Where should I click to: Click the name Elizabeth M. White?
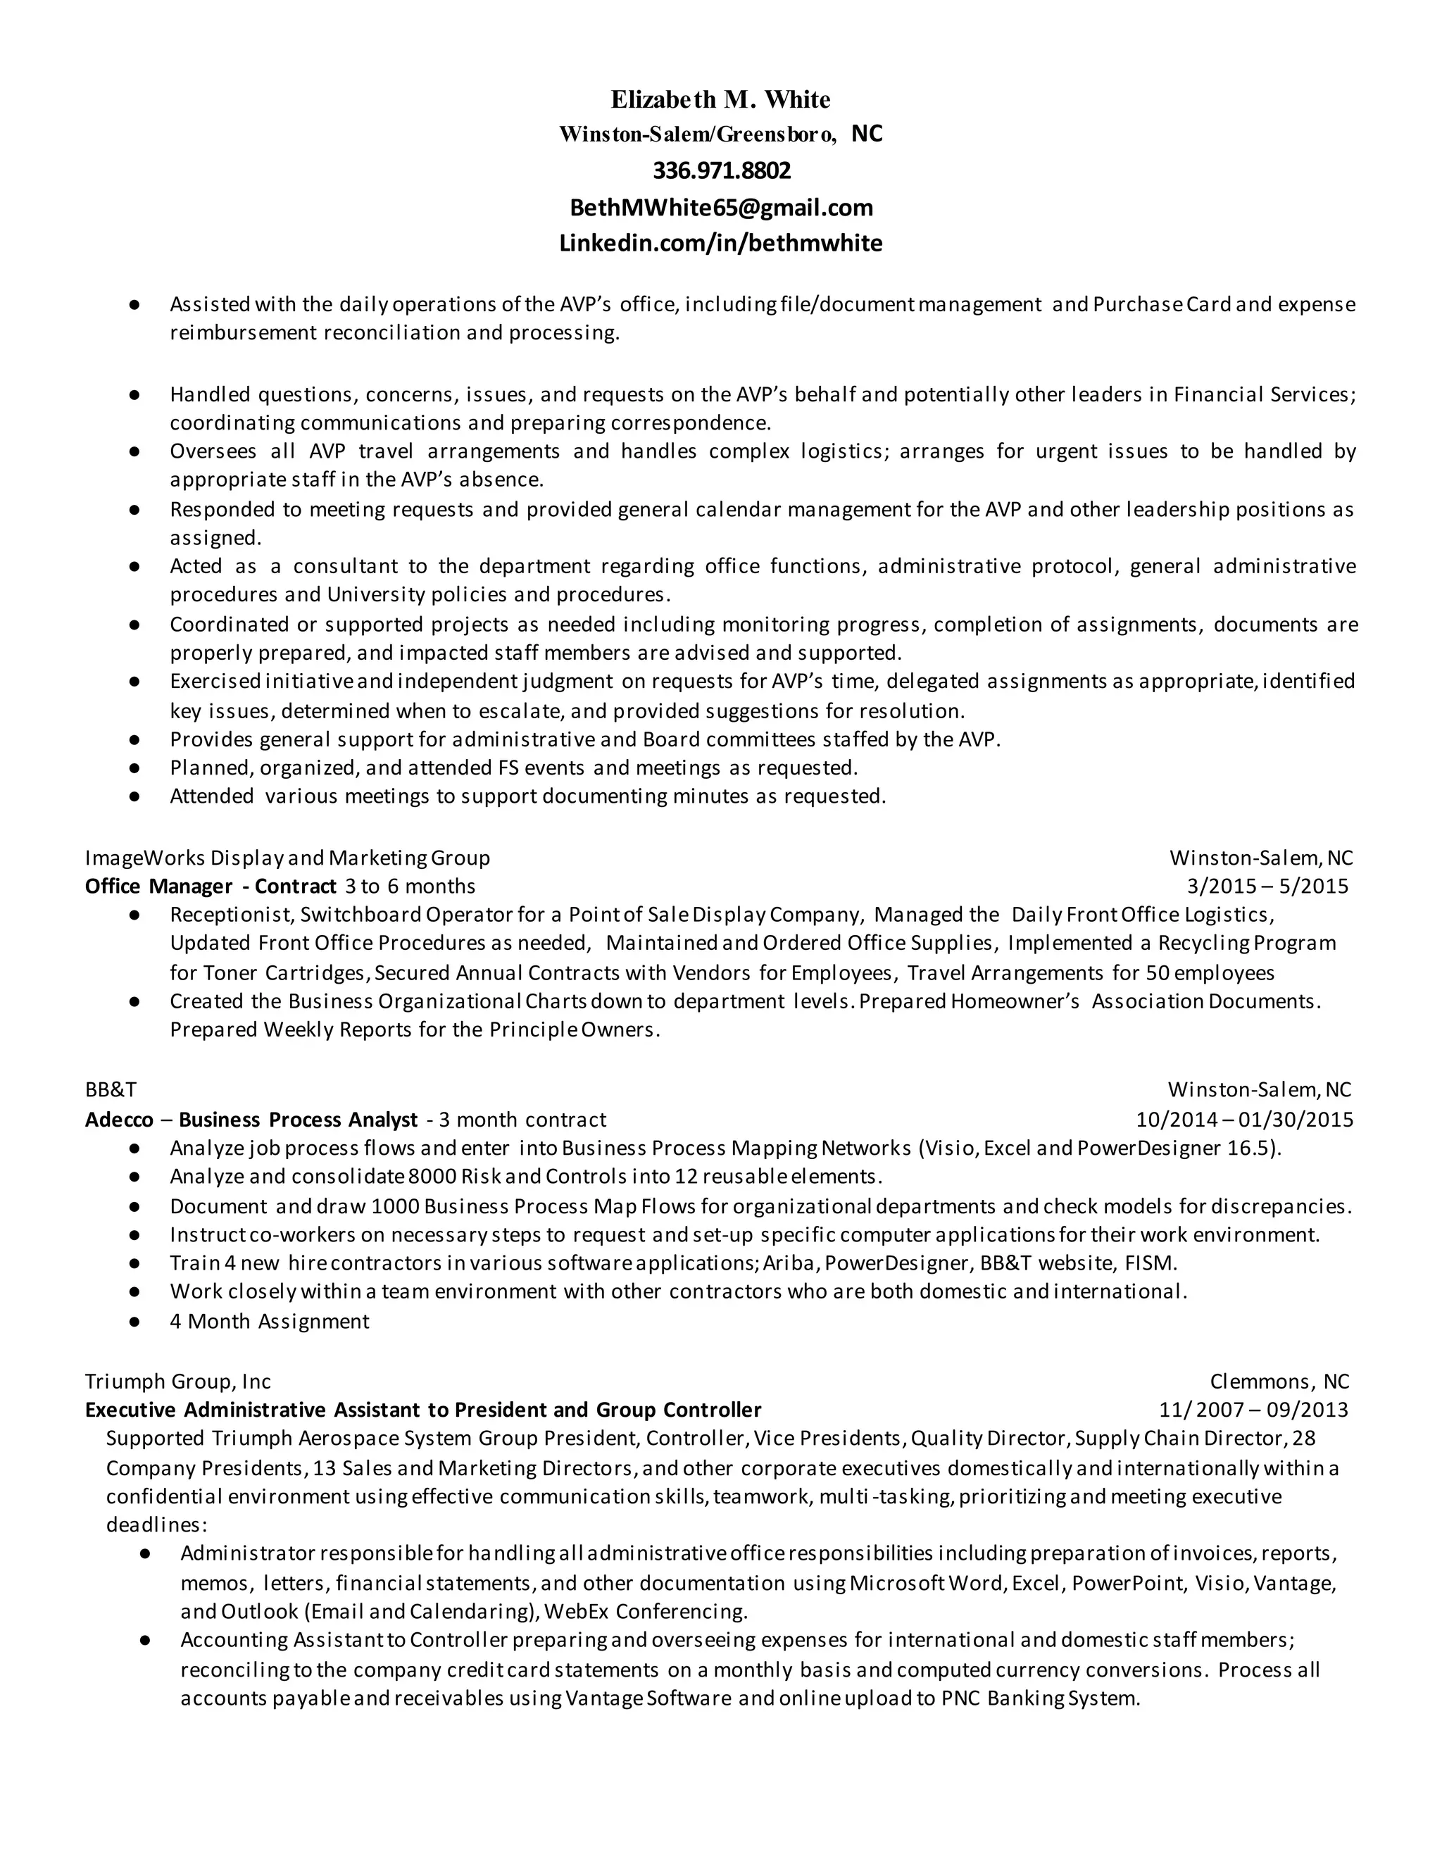[720, 100]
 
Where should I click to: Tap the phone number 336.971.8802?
[722, 171]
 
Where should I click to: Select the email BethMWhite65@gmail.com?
[721, 208]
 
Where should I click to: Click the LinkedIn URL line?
[720, 244]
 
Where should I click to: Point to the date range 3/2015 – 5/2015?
[1267, 886]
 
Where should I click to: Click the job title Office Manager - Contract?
[210, 886]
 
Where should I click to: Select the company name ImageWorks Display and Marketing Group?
[287, 858]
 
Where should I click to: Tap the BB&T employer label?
[111, 1089]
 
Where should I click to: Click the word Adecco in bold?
[119, 1120]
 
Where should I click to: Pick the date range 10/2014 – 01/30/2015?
[1244, 1120]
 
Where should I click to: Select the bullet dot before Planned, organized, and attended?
[134, 768]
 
